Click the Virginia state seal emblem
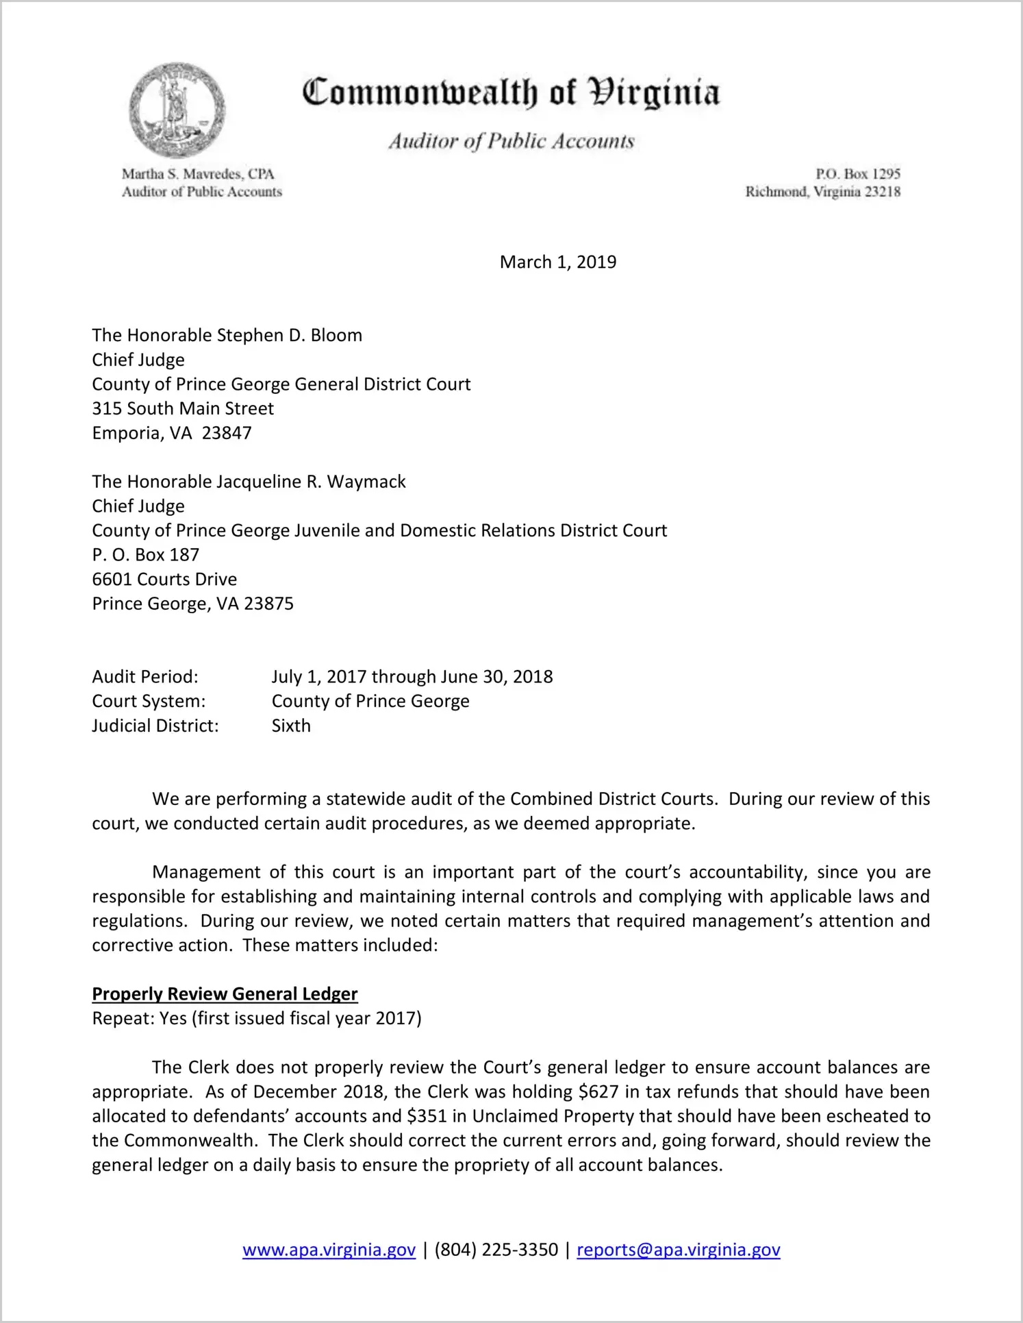pyautogui.click(x=177, y=110)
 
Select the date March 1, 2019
pyautogui.click(x=557, y=262)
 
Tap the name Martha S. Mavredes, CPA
pyautogui.click(x=198, y=174)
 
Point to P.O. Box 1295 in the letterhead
pyautogui.click(x=857, y=174)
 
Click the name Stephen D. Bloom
pyautogui.click(x=289, y=336)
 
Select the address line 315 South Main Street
pyautogui.click(x=183, y=409)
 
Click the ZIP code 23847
pyautogui.click(x=227, y=434)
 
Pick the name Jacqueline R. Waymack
pyautogui.click(x=311, y=482)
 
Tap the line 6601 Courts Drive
pyautogui.click(x=164, y=580)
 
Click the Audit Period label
pyautogui.click(x=145, y=677)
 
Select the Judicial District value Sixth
pyautogui.click(x=291, y=726)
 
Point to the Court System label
pyautogui.click(x=149, y=702)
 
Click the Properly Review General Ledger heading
pyautogui.click(x=225, y=994)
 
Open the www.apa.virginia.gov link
pyautogui.click(x=329, y=1250)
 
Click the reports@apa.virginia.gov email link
pyautogui.click(x=678, y=1250)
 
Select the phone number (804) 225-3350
pyautogui.click(x=496, y=1250)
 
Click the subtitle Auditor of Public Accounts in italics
pyautogui.click(x=511, y=141)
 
